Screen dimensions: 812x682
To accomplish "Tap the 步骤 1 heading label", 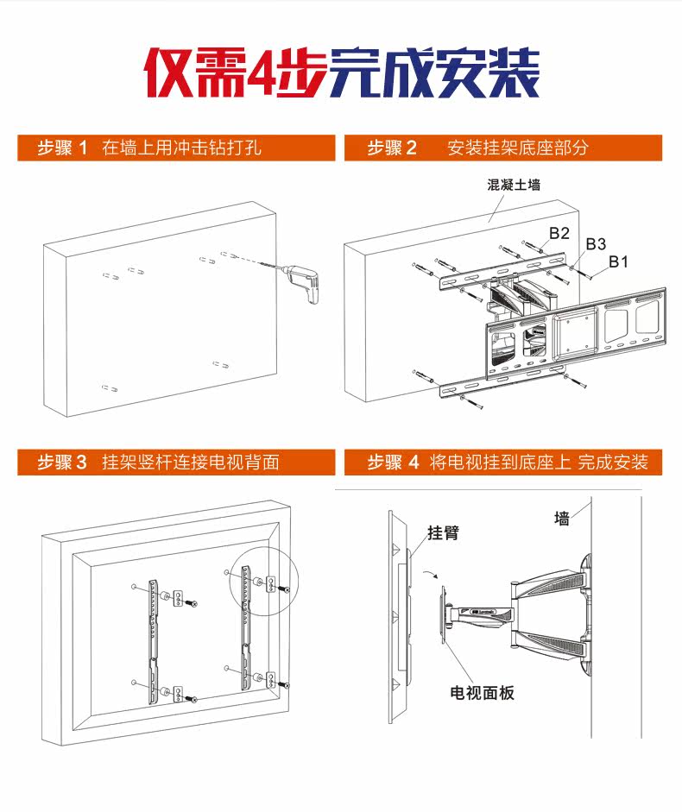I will point(62,148).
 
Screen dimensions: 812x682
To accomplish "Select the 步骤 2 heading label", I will point(392,148).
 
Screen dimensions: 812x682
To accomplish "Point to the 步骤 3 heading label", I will point(62,463).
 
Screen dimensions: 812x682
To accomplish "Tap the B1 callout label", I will point(618,261).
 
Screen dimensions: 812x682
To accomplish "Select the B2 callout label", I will point(559,233).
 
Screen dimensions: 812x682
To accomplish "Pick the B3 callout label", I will point(596,244).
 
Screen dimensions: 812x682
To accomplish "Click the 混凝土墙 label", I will point(515,185).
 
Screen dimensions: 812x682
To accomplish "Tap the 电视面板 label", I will point(483,693).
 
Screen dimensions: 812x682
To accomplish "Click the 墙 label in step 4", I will point(562,518).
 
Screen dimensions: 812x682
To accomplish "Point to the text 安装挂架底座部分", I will point(518,148).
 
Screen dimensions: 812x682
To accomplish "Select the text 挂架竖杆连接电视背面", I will point(191,463).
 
